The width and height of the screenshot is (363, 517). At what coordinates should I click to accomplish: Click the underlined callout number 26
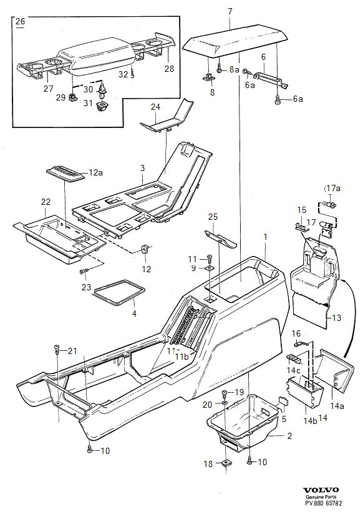[x=20, y=22]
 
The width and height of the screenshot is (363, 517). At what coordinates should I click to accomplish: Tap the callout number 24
[x=155, y=107]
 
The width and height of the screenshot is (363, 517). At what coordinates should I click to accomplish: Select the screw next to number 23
[x=82, y=271]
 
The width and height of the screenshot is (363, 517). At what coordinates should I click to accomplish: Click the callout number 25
[x=213, y=216]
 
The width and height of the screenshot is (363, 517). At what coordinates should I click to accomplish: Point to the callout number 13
[x=336, y=318]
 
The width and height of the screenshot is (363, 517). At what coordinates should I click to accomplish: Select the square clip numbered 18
[x=225, y=463]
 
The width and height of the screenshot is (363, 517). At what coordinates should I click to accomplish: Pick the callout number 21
[x=73, y=349]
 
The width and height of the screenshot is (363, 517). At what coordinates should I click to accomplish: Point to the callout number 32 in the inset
[x=123, y=74]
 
